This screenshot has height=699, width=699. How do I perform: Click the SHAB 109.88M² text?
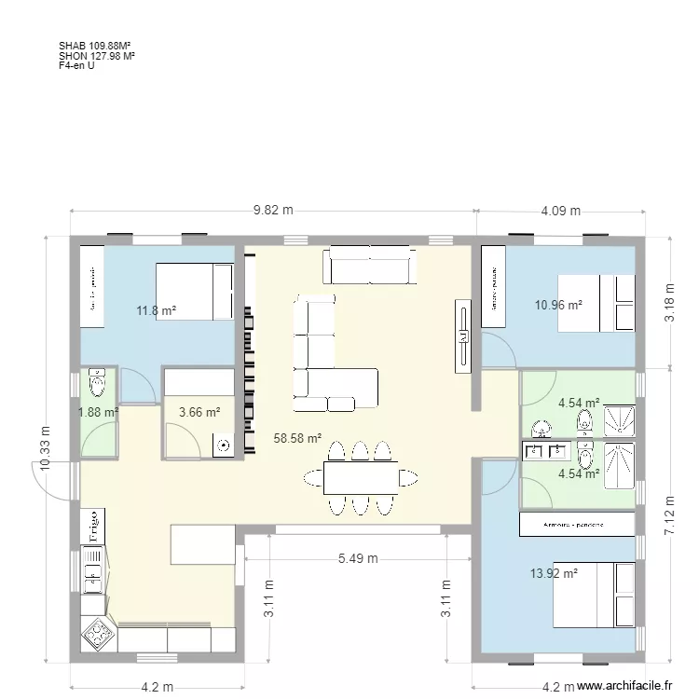[x=93, y=44]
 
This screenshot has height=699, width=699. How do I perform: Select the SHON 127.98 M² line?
[x=96, y=55]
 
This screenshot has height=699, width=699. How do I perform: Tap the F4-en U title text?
[x=75, y=65]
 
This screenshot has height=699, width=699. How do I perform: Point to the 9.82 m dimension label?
[x=273, y=211]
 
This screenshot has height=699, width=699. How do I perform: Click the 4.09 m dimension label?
[x=560, y=211]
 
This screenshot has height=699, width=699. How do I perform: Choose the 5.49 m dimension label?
[x=357, y=559]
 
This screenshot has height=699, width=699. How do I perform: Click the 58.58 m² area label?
[x=297, y=437]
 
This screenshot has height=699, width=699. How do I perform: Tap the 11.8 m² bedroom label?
[x=157, y=311]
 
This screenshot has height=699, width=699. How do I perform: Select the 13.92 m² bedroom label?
[x=554, y=574]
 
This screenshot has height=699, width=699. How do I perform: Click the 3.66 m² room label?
[x=199, y=412]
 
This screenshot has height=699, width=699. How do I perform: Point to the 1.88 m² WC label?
[x=98, y=412]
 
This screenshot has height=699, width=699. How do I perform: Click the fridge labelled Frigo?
[x=94, y=526]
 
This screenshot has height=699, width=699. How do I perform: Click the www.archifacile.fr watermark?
[x=624, y=684]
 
